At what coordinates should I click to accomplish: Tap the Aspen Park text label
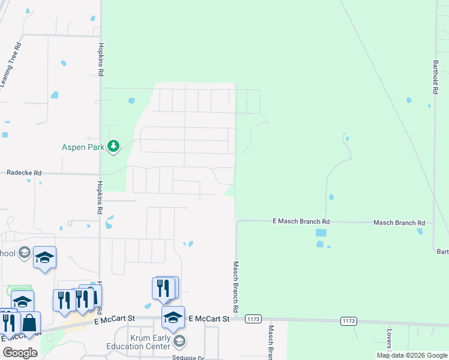point(83,146)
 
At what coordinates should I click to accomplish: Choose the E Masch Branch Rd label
point(301,221)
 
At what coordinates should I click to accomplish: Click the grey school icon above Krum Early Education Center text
point(178,341)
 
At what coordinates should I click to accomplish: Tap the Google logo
point(20,353)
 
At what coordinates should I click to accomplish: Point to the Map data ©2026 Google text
point(411,355)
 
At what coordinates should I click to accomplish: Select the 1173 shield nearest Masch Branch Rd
point(253,319)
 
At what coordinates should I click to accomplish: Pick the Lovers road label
point(389,338)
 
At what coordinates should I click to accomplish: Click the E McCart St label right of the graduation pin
point(209,319)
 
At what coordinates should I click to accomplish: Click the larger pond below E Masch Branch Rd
point(321,233)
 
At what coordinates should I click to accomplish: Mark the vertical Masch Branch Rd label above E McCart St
point(236,286)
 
